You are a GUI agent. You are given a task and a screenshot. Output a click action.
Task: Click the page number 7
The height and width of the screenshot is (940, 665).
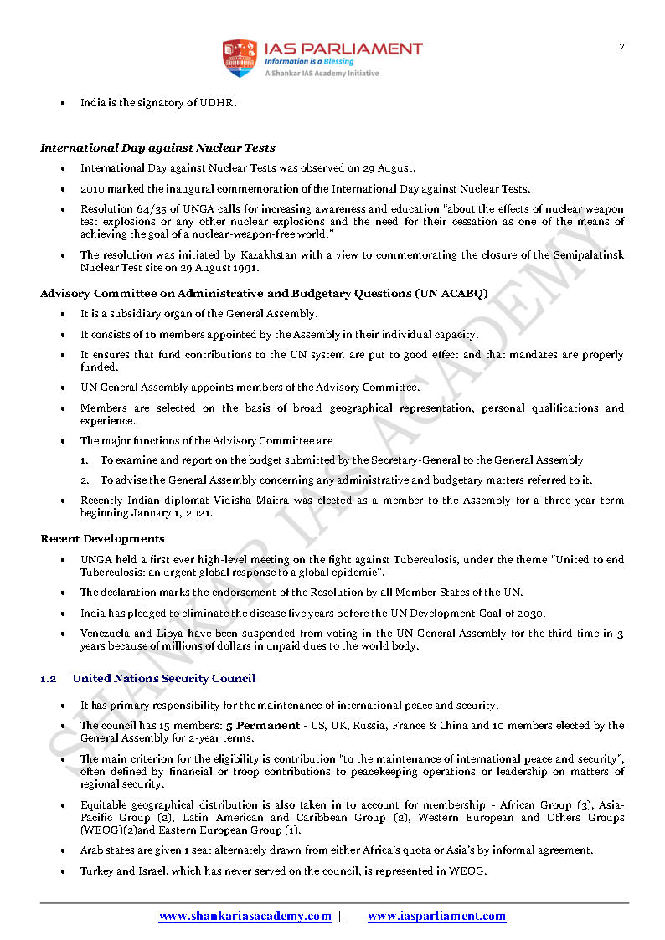click(x=621, y=48)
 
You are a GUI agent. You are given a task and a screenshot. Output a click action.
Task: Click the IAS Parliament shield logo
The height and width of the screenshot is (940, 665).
click(x=239, y=58)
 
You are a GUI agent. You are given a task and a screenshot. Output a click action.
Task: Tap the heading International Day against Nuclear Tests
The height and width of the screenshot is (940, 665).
click(x=157, y=148)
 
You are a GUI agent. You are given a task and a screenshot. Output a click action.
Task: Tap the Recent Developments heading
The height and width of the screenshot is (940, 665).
click(x=102, y=538)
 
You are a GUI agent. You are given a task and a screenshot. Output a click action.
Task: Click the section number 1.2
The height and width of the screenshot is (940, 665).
click(x=49, y=678)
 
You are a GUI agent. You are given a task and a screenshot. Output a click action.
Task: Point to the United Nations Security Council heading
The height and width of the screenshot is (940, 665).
click(x=164, y=678)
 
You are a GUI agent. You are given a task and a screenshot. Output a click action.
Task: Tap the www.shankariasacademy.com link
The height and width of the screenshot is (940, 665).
click(x=245, y=917)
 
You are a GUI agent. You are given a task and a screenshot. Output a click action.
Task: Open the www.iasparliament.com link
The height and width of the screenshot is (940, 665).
click(x=436, y=917)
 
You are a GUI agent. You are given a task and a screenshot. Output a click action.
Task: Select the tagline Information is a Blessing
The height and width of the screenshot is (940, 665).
click(x=309, y=62)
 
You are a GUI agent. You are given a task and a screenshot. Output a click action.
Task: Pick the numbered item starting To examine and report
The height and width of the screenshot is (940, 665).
click(x=342, y=460)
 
